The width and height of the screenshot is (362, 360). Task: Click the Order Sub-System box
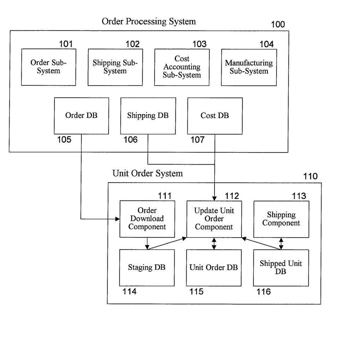(x=48, y=67)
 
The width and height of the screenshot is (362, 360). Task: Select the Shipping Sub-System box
(x=115, y=67)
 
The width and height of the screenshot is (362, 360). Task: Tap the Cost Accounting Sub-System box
(x=182, y=67)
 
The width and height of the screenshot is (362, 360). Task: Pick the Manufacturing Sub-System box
(x=249, y=67)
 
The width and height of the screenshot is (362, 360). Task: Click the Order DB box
(x=81, y=116)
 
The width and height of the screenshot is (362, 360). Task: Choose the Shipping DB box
(x=148, y=116)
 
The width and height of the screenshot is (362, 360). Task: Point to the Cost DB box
(x=215, y=116)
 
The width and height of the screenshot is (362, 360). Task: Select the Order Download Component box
(x=147, y=219)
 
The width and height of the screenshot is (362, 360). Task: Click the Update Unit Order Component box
(x=214, y=219)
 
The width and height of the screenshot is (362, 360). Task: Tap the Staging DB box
(x=147, y=268)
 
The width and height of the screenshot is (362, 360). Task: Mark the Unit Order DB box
(x=214, y=268)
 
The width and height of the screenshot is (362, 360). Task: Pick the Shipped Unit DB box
(x=281, y=268)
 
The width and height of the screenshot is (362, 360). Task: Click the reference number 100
(x=278, y=24)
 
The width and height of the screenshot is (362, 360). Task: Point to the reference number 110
(x=310, y=176)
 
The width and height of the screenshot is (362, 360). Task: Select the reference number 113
(x=299, y=196)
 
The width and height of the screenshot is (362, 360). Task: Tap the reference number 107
(x=198, y=140)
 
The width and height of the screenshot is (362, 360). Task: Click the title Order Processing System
(x=149, y=22)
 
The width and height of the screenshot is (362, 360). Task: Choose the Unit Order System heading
(x=148, y=173)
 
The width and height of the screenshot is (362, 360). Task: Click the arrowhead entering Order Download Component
(x=118, y=219)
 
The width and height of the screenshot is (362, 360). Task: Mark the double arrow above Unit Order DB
(x=214, y=244)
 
